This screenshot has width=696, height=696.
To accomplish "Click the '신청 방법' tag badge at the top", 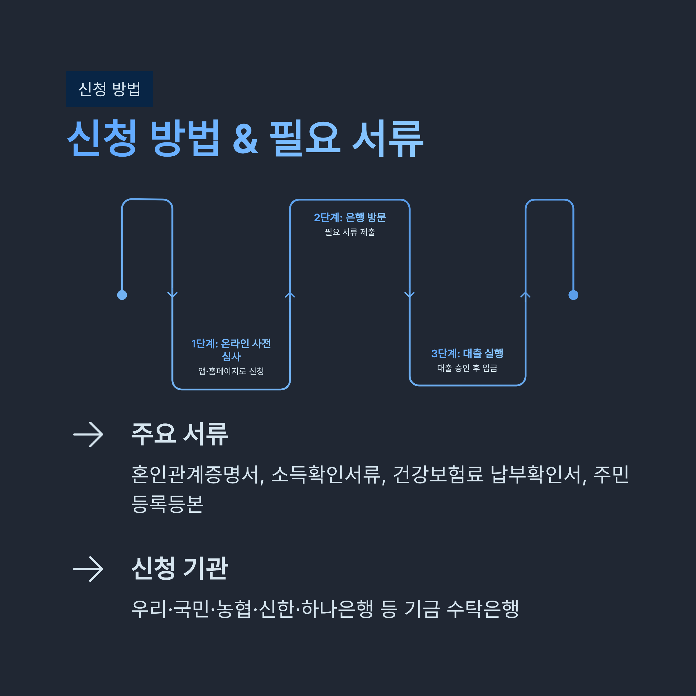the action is point(110,89).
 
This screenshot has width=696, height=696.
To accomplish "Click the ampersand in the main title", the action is point(245,139).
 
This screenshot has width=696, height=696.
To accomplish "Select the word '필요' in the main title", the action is point(305,139).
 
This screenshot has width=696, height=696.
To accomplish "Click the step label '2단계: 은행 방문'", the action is point(350,217).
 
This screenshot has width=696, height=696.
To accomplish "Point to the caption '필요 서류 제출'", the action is point(350,232).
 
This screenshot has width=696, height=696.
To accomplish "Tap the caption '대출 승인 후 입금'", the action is point(467,368).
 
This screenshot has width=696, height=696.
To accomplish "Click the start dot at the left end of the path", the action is point(122,295).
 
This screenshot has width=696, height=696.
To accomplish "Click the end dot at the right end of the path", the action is point(573,295).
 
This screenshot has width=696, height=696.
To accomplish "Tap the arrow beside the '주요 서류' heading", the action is point(88,434).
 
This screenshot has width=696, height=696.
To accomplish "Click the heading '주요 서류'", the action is point(180,434).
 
